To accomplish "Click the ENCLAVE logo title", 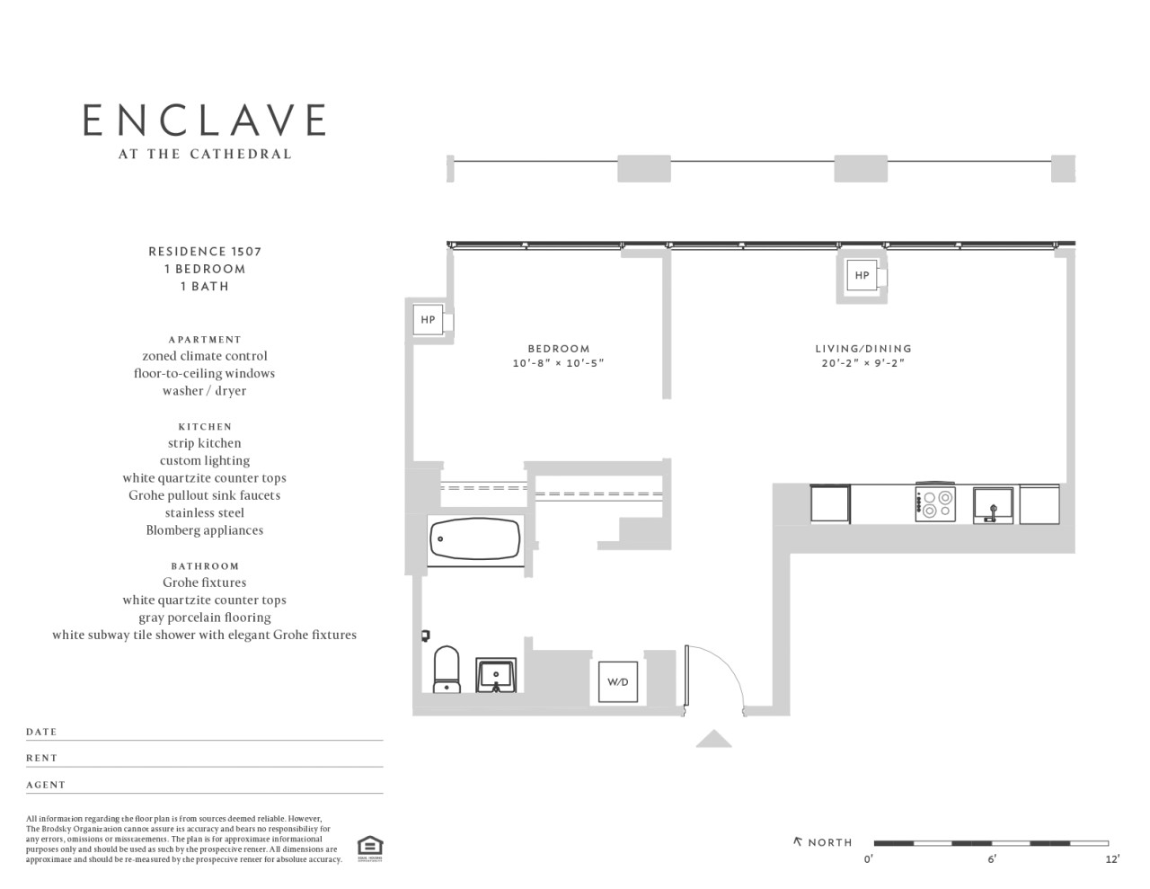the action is [x=204, y=120].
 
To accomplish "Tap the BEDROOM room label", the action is [x=558, y=349].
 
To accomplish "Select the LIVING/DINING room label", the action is [x=863, y=349].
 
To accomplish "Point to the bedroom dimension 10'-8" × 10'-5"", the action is [x=558, y=363].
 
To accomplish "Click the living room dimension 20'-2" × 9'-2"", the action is [x=863, y=363].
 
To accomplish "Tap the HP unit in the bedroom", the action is [x=428, y=319].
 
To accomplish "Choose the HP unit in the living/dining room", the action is [x=862, y=275].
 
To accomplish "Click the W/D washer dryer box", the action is [x=617, y=682].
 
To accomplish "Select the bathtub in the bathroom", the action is [x=474, y=538].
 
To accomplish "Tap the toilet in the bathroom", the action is [x=447, y=670].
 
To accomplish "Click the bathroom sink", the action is [x=496, y=675].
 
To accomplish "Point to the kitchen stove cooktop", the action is [x=935, y=503].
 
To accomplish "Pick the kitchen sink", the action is [x=993, y=506].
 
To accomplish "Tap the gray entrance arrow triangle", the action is [x=713, y=739].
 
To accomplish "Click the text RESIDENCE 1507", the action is [x=205, y=252].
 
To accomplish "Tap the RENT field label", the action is [x=42, y=759].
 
